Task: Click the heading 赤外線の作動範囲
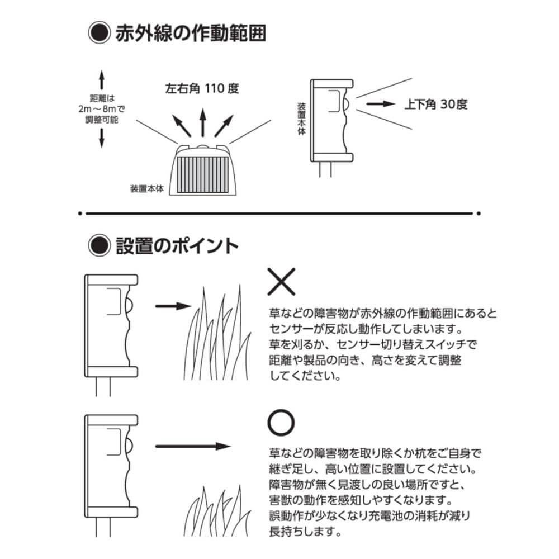191,33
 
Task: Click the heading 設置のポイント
177,245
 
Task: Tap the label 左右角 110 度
202,88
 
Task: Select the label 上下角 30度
435,104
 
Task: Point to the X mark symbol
281,282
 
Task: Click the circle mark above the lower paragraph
281,422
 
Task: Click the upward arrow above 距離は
102,79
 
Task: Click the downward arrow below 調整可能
102,138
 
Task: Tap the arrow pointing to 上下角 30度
381,104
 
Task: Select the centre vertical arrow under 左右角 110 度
202,122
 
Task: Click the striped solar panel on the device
202,174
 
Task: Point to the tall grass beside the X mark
217,333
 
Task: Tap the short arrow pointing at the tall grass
173,306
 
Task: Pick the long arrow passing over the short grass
193,446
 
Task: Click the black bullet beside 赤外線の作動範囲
99,33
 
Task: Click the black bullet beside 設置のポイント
99,245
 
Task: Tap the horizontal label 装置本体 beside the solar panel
147,188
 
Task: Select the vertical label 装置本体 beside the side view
302,119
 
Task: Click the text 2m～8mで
102,109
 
